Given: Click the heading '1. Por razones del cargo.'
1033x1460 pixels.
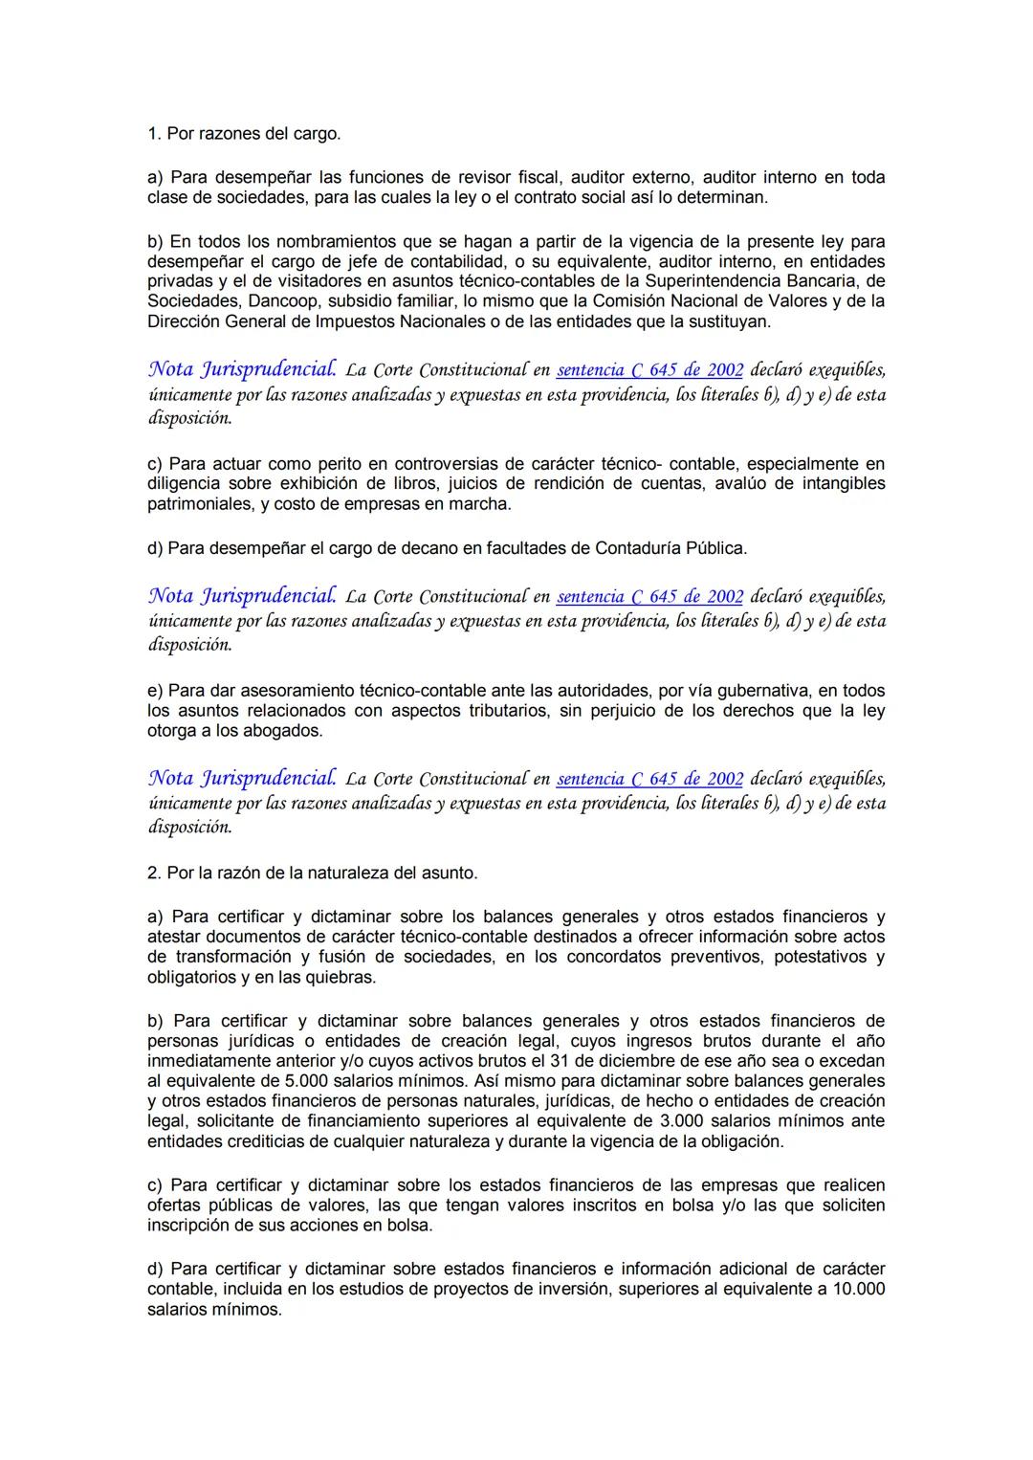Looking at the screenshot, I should [244, 134].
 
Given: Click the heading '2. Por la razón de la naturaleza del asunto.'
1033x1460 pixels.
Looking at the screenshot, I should [312, 873].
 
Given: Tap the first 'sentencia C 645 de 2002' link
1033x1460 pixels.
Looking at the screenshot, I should [649, 370].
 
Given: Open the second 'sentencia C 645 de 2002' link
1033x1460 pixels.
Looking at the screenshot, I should [649, 597].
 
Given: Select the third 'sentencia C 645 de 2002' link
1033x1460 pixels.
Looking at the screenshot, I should [649, 779].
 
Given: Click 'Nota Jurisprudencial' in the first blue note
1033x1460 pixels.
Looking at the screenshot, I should [242, 369].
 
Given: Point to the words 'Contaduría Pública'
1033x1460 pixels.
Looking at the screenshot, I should [670, 549].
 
